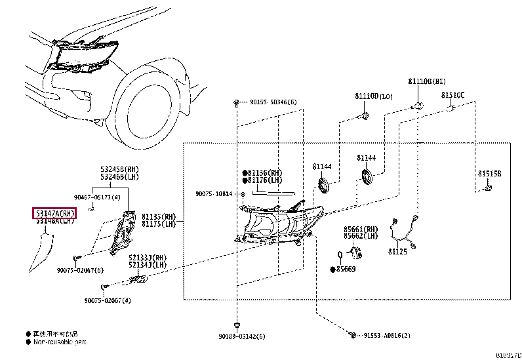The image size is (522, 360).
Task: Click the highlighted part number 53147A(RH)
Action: pyautogui.click(x=55, y=213)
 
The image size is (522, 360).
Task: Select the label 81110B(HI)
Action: pyautogui.click(x=426, y=81)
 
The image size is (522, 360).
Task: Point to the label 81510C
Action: pyautogui.click(x=452, y=95)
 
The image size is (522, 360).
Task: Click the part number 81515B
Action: pyautogui.click(x=489, y=174)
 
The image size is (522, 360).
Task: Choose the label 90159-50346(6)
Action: pyautogui.click(x=273, y=102)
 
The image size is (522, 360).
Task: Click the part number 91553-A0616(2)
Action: pyautogui.click(x=386, y=336)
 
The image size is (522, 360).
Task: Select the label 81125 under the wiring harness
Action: pyautogui.click(x=397, y=252)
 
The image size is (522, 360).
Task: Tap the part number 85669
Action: pyautogui.click(x=346, y=270)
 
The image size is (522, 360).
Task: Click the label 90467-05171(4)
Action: pyautogui.click(x=96, y=197)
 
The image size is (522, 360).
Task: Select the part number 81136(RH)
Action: pyautogui.click(x=265, y=173)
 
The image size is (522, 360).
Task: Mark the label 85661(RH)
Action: pyautogui.click(x=361, y=229)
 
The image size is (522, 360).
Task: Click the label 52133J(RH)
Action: pyautogui.click(x=148, y=258)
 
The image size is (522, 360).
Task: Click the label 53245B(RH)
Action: pyautogui.click(x=119, y=169)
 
